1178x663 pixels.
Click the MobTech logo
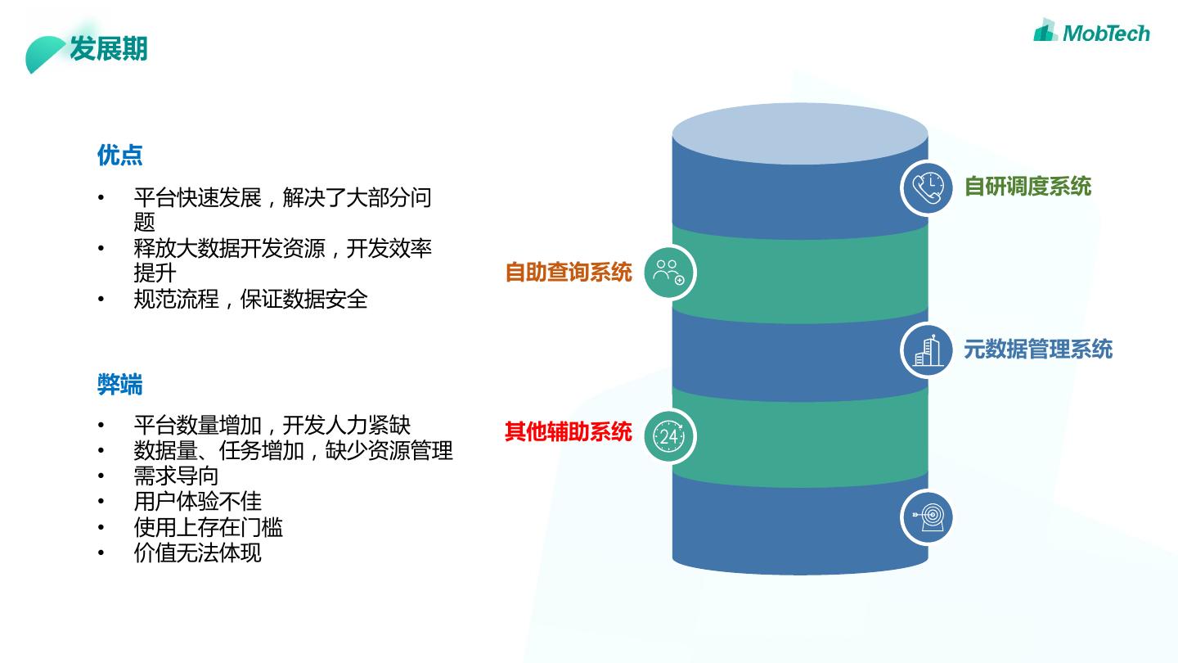click(1091, 32)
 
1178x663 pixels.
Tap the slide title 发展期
click(108, 49)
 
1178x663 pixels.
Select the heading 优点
click(119, 155)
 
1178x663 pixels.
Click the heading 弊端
click(119, 384)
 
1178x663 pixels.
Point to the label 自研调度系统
click(1027, 187)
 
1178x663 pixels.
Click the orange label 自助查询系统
click(569, 273)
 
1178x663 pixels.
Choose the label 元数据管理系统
click(1037, 350)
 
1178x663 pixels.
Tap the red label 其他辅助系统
click(569, 431)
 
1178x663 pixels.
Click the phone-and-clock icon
click(927, 188)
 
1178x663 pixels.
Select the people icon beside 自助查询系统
click(669, 273)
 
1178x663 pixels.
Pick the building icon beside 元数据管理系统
click(927, 350)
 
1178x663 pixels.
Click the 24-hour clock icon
click(669, 436)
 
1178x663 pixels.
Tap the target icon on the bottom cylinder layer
click(927, 516)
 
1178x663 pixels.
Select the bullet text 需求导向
click(176, 476)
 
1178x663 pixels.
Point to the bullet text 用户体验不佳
click(197, 501)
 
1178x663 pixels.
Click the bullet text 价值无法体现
click(197, 552)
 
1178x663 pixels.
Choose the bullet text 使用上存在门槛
click(208, 527)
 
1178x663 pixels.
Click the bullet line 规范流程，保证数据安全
click(250, 299)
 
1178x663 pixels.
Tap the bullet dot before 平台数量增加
click(101, 426)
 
